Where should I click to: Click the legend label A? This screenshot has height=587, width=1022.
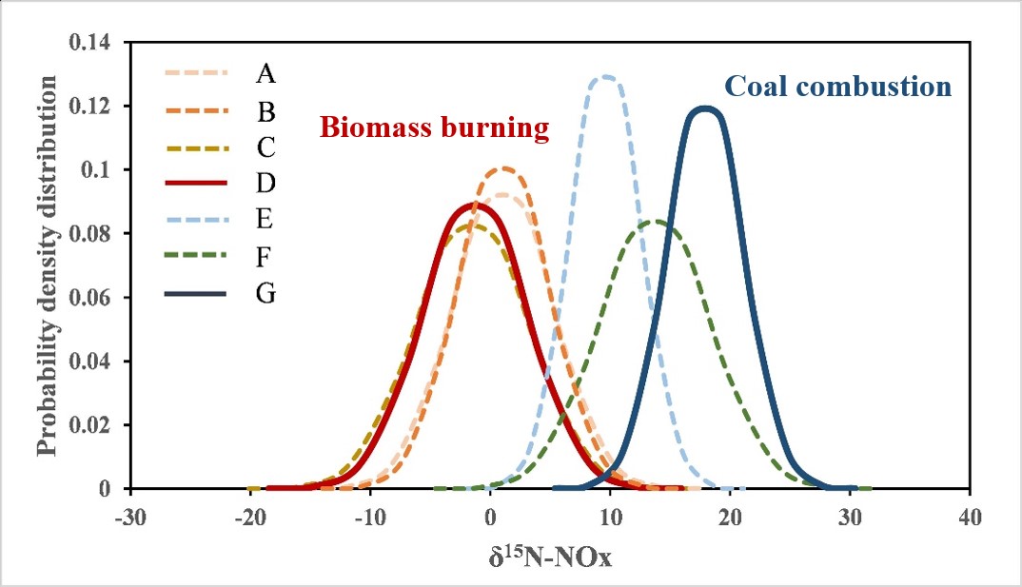point(265,71)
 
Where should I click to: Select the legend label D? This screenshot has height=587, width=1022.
point(266,182)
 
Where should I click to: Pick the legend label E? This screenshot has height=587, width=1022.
point(265,219)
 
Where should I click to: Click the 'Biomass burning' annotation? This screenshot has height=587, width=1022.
point(435,127)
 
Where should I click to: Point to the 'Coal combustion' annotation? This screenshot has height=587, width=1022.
point(837,88)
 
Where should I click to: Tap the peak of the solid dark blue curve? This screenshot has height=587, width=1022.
point(705,108)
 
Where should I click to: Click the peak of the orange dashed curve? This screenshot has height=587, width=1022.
point(504,169)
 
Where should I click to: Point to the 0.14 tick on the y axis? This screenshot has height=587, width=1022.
point(95,43)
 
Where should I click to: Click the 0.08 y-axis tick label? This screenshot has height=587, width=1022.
point(95,234)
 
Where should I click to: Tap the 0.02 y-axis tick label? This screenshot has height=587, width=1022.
point(95,425)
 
